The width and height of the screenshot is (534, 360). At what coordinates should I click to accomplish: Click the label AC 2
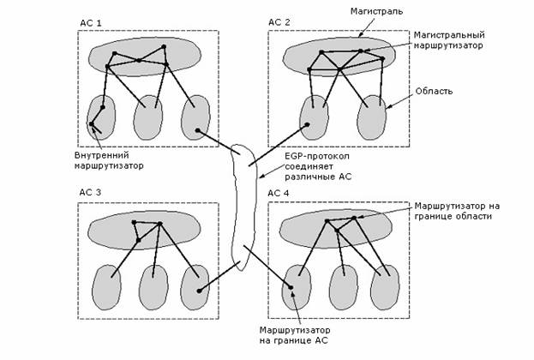(x=280, y=22)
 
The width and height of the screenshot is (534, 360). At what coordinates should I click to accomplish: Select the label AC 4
(x=280, y=193)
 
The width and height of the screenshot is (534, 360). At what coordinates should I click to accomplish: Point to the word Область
(x=433, y=90)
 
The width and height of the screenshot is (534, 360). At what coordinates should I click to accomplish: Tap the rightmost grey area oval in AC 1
(x=196, y=116)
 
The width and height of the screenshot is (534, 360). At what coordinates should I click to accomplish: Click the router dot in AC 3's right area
(x=199, y=291)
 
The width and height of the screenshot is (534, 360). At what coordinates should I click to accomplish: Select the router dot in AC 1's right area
(x=198, y=131)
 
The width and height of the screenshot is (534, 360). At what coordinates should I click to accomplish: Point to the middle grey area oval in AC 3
(x=153, y=285)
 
